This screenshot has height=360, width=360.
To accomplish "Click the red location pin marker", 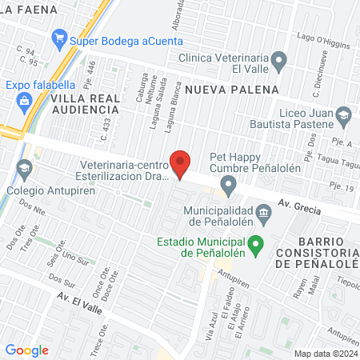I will [181, 164].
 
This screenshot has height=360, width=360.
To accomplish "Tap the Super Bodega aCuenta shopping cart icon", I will [58, 38].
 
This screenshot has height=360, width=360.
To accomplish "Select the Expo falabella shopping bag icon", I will [23, 101].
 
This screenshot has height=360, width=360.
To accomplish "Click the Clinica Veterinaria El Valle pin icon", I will [279, 59].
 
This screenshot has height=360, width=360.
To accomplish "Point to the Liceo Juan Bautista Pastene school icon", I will [343, 115].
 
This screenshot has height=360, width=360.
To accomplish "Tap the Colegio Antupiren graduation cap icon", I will [23, 170].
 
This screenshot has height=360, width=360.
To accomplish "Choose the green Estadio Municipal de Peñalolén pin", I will [256, 245].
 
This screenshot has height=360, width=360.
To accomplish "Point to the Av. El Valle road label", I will [78, 300].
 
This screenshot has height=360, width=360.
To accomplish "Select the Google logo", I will [27, 350].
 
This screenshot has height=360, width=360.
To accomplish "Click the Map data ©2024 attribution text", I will [324, 353].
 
